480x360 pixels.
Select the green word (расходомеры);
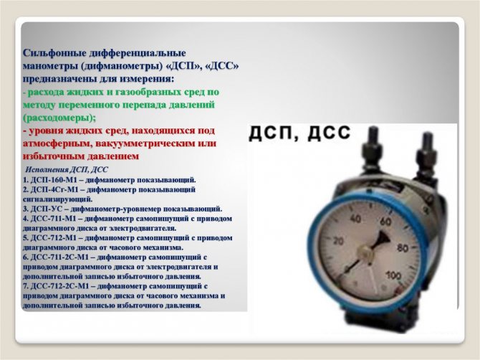pos(59,118)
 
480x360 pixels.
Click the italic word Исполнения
pos(47,170)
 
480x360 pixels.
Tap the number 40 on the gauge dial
pos(355,218)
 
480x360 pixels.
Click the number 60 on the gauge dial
pos(385,221)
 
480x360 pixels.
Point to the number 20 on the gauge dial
pos(338,241)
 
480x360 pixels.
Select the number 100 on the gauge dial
pos(393,275)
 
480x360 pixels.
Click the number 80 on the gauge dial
pos(402,247)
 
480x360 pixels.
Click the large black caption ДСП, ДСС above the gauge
pos(299,133)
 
